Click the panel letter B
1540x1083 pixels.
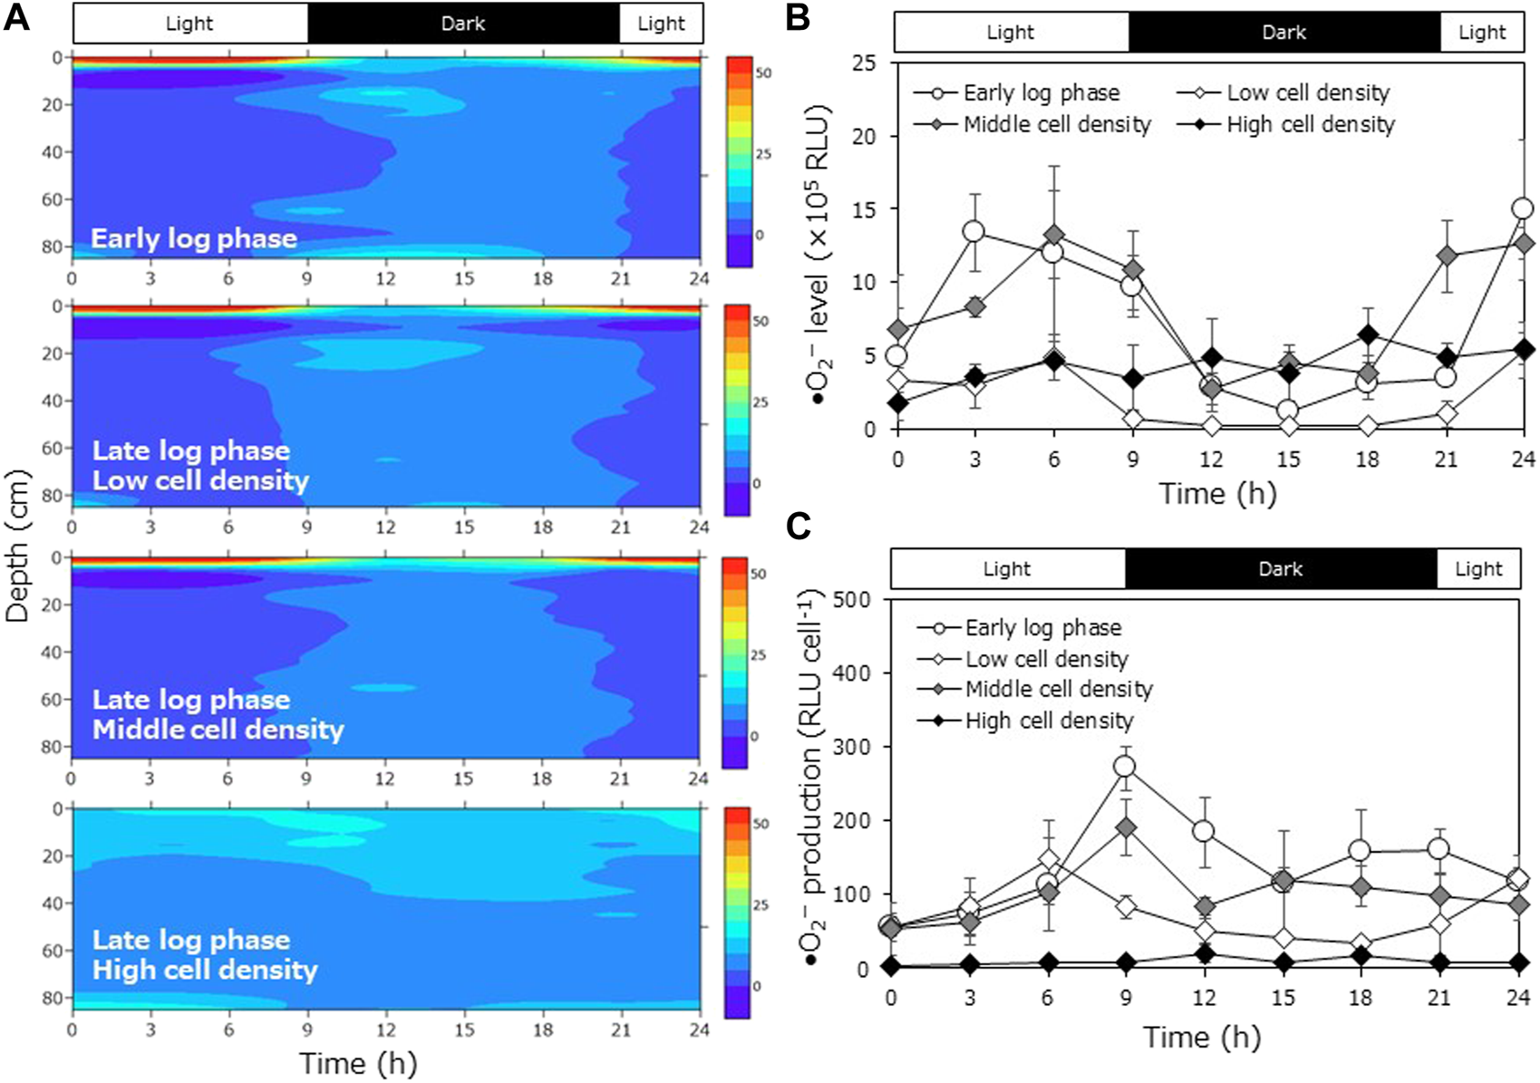click(798, 18)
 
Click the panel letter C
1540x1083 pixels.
click(798, 526)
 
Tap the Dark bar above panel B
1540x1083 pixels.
click(1283, 33)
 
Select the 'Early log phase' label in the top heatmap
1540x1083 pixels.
click(194, 239)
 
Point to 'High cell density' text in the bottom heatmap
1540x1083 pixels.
click(205, 971)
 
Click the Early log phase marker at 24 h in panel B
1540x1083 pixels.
click(1523, 209)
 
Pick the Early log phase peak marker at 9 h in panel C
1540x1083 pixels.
click(1125, 767)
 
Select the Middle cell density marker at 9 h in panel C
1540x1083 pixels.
click(1125, 827)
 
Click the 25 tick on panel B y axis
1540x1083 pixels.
click(867, 63)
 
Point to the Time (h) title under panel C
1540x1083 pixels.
click(1201, 1037)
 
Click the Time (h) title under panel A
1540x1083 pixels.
click(358, 1063)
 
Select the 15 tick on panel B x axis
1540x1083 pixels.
click(1288, 459)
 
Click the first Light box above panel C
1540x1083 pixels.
click(1007, 569)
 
